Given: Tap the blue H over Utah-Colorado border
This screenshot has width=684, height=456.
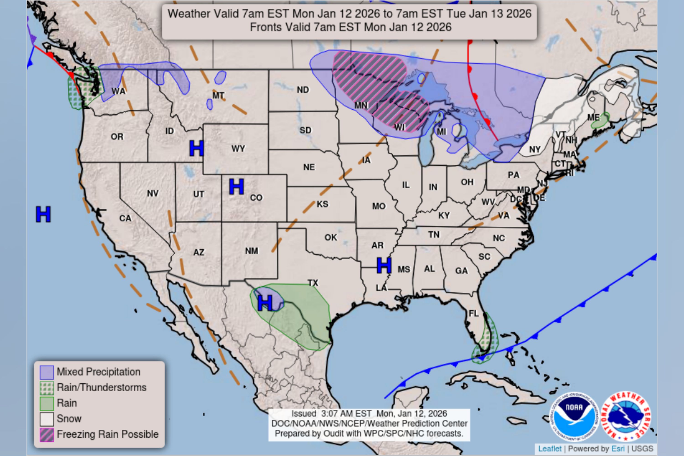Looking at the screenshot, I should (x=236, y=187).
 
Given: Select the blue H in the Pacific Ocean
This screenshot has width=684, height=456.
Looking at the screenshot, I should (x=43, y=214).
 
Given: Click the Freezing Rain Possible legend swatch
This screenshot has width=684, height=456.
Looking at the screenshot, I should (x=47, y=435).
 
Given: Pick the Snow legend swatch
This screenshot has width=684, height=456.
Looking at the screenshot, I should (x=47, y=419).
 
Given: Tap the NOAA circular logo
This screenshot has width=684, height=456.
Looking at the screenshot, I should (x=574, y=417).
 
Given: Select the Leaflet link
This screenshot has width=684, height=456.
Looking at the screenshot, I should (x=550, y=449).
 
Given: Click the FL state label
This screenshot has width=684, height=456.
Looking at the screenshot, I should (x=474, y=313).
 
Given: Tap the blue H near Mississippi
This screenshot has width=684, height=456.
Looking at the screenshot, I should (x=384, y=266).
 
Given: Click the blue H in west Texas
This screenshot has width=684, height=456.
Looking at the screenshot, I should (x=265, y=303).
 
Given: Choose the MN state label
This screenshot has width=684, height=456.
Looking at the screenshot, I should (x=361, y=105).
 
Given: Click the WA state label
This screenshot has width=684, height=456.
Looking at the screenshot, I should (x=119, y=91).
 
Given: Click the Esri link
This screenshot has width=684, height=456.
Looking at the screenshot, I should (x=618, y=449).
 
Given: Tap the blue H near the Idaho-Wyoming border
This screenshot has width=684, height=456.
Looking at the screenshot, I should (x=196, y=148).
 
